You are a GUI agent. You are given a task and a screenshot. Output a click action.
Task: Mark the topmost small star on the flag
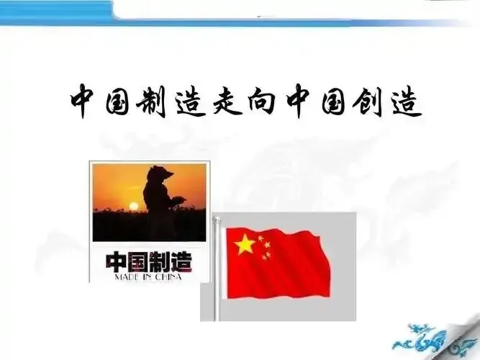(x=260, y=235)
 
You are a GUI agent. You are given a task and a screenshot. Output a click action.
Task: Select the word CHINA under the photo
(x=176, y=275)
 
